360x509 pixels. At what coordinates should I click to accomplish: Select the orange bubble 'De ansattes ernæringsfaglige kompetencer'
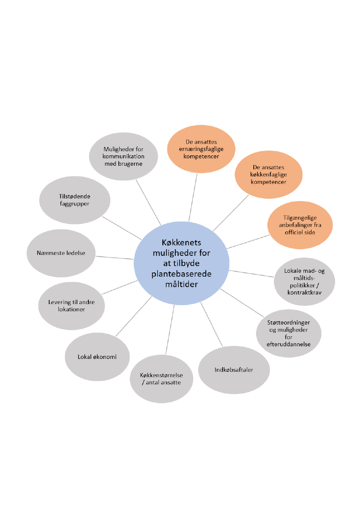pos(201,149)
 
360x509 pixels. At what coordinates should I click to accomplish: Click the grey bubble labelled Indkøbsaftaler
pos(234,370)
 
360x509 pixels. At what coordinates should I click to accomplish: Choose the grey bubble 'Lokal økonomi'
pos(97,357)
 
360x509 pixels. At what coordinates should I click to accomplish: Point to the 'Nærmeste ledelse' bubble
pos(61,253)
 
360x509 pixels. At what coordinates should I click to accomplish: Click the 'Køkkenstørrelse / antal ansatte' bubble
pos(161,378)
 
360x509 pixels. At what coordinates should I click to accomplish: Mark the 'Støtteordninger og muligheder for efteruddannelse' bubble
pos(288,333)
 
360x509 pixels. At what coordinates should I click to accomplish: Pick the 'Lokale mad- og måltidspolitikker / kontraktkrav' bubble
pos(304,281)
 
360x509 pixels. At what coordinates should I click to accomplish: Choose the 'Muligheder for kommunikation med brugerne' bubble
pos(124,156)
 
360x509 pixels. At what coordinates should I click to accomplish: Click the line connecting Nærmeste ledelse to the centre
pos(114,257)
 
